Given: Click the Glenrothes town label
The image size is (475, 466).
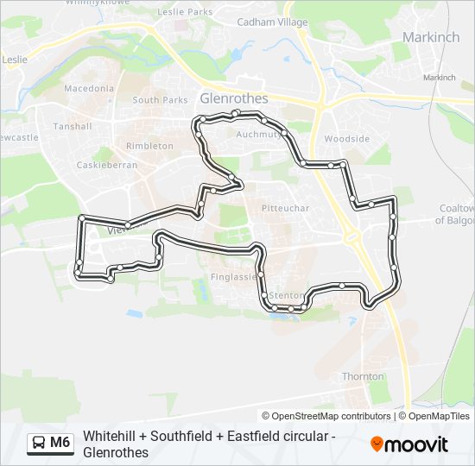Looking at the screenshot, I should click(233, 98).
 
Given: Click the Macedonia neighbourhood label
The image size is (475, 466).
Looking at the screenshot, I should click(89, 88).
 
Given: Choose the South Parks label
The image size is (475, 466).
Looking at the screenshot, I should click(160, 100).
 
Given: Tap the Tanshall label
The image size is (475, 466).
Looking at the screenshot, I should click(73, 126).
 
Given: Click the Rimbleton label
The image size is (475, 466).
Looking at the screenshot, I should click(149, 146).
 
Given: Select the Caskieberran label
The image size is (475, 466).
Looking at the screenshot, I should click(102, 164).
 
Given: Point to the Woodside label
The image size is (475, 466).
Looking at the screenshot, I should click(346, 139).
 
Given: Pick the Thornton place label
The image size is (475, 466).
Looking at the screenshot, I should click(363, 376).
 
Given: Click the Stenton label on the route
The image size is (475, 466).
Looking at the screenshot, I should click(287, 295).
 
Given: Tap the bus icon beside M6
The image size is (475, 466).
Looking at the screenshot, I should click(39, 444).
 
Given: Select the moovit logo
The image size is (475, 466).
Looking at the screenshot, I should click(409, 444).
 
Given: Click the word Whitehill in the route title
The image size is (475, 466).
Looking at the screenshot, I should click(108, 436).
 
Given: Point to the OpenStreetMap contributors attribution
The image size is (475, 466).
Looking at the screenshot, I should click(326, 416).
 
